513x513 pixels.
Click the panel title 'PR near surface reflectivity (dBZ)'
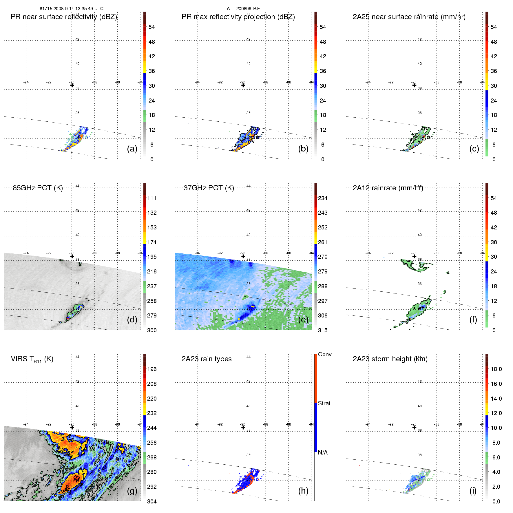click(x=64, y=17)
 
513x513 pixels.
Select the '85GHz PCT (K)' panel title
click(x=38, y=188)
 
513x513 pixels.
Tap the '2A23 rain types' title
click(x=206, y=359)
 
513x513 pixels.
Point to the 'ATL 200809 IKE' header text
click(x=243, y=9)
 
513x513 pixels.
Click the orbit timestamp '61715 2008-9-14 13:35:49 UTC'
click(x=72, y=9)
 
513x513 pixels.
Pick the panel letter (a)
click(x=132, y=149)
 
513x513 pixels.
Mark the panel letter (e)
click(x=303, y=320)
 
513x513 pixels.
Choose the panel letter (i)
click(x=473, y=491)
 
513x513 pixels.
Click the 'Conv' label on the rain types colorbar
click(x=325, y=354)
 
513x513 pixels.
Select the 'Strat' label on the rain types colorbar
click(x=324, y=403)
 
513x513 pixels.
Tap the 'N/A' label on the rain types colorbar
click(x=323, y=452)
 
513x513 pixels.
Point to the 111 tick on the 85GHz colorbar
click(x=152, y=198)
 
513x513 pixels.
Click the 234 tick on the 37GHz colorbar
click(x=323, y=198)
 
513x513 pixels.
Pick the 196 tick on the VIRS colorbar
click(x=152, y=369)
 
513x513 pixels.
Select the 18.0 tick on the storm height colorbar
click(x=496, y=369)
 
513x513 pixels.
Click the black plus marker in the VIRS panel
click(x=72, y=428)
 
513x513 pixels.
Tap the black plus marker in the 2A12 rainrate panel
click(x=414, y=256)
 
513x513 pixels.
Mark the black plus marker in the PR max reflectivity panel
click(x=243, y=85)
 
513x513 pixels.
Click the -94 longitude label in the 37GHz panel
click(x=197, y=253)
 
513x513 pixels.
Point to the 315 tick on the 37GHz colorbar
click(x=323, y=330)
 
